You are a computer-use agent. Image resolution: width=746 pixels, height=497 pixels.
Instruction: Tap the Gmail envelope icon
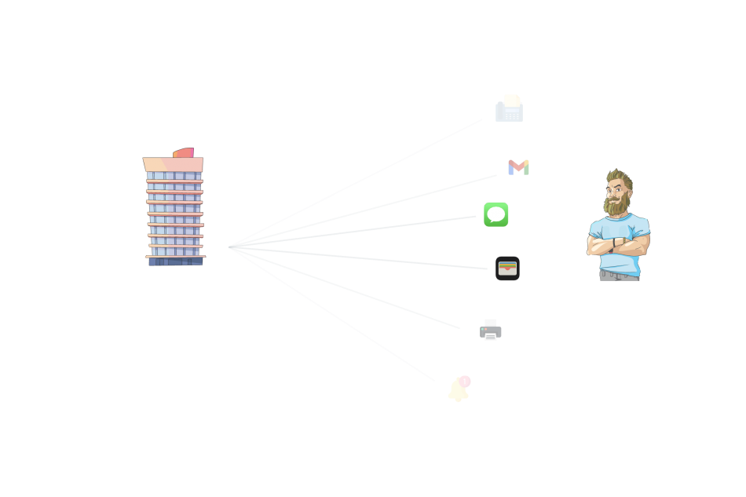(518, 167)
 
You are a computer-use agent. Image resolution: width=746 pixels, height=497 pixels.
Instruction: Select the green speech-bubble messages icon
(496, 214)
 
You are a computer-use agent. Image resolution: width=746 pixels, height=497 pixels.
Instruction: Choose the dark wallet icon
(507, 269)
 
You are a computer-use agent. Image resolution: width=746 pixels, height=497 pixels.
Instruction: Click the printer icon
(491, 330)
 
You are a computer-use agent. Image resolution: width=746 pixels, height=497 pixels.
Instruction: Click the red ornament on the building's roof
(184, 152)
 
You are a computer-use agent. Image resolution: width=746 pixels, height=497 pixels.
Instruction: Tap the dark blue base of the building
(176, 261)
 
